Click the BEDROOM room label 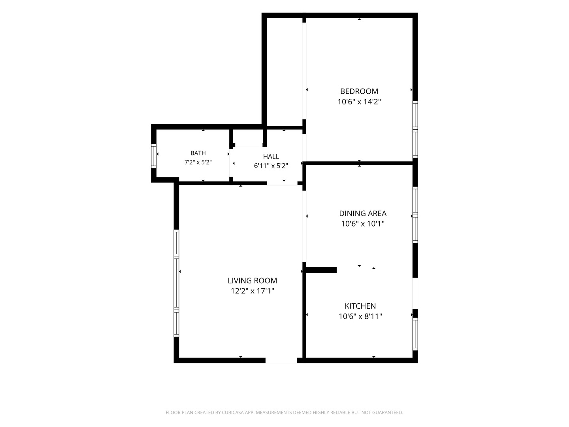tap(359, 91)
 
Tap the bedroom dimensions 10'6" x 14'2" tap(359, 102)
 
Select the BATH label tap(198, 153)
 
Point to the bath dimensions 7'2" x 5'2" tap(198, 162)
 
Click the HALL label tap(271, 157)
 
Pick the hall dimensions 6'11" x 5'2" tap(271, 166)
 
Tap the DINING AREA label tap(363, 213)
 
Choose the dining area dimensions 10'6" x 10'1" tap(363, 223)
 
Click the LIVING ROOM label tap(252, 281)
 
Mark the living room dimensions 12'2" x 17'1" tap(252, 291)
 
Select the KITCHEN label tap(360, 306)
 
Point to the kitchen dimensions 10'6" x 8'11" tap(360, 316)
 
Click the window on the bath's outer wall tap(154, 156)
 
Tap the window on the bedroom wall tap(415, 129)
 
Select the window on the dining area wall tap(415, 215)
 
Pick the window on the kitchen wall tap(415, 334)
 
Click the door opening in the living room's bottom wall tap(281, 360)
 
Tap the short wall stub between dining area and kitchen tap(321, 270)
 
